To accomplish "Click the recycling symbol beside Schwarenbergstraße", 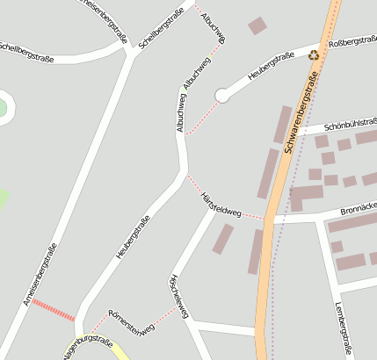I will click(314, 56).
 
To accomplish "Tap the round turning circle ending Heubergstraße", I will click(222, 95).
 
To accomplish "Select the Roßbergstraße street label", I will click(352, 40).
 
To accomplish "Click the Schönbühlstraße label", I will click(350, 125).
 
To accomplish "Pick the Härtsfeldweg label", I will click(221, 205).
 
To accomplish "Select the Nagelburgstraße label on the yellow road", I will click(88, 346).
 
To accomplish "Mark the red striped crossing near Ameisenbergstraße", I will click(54, 309).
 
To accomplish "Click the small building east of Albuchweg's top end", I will click(257, 25).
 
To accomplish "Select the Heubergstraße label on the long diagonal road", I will click(134, 236).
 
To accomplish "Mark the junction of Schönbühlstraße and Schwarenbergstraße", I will click(294, 133).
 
